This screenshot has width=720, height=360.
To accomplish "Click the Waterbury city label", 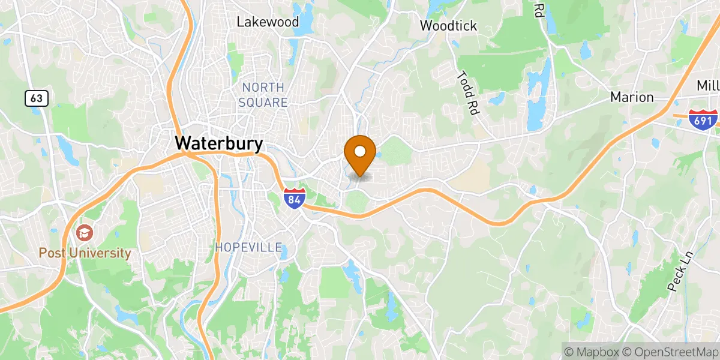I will (219, 143).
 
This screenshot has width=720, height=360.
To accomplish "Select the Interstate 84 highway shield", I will (293, 197).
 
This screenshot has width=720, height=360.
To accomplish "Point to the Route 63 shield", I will (36, 98).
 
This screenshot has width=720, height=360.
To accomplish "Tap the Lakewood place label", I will (268, 22).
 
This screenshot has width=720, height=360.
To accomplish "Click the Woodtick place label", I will (448, 25).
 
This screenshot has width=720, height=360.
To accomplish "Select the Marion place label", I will (632, 97).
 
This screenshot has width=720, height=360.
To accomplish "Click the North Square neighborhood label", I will (263, 95).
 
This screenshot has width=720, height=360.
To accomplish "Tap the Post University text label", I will (85, 253).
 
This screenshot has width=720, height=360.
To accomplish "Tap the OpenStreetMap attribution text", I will (670, 351).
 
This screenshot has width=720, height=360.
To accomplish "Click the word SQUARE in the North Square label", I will (263, 103).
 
